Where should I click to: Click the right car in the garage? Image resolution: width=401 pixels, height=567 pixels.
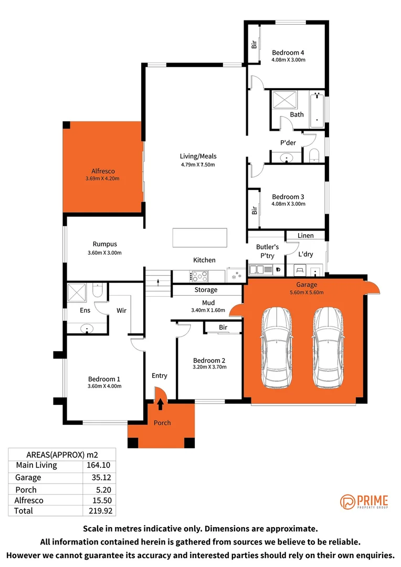pos(329,348)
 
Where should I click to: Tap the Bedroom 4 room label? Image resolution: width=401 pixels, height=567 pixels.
pos(288,52)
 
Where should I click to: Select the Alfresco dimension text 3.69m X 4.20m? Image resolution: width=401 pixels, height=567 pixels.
pos(103,178)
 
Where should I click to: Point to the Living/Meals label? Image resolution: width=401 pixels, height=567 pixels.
pos(198,156)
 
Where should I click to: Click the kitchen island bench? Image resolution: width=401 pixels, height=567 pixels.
pos(200,237)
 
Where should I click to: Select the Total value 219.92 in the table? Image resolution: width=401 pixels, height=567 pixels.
pos(99,510)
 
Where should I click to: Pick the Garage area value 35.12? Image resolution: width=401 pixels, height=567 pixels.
pos(99,478)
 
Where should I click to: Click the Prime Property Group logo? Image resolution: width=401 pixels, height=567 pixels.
pos(364,501)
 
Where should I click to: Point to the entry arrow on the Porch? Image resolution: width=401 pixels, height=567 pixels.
pos(160,403)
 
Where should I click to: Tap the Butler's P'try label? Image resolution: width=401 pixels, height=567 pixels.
pos(267,250)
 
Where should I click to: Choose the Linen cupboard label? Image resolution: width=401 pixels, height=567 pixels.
pos(305,236)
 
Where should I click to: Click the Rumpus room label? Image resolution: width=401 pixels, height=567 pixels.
pos(104,244)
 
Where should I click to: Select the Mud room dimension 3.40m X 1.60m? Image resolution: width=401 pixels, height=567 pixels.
pos(208,310)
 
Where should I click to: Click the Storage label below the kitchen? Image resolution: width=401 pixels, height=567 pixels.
pos(206,290)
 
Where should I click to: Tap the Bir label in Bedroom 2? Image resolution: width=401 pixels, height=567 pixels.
pos(223,328)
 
